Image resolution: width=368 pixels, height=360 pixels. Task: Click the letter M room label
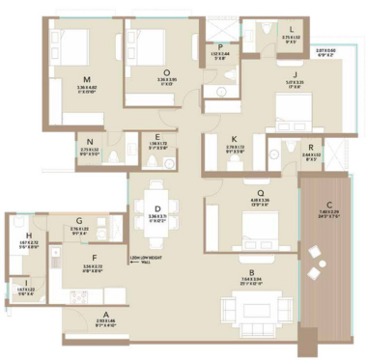click(x=88, y=79)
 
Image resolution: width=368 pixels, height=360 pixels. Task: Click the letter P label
click(x=221, y=46)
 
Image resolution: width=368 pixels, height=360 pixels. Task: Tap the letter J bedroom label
click(x=290, y=73)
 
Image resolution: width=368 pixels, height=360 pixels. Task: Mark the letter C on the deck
click(x=330, y=202)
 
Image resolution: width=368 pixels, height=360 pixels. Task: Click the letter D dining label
click(x=158, y=206)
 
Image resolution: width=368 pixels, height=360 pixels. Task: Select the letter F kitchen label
click(x=94, y=259)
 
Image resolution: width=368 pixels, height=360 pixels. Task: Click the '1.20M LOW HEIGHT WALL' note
click(x=144, y=261)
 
